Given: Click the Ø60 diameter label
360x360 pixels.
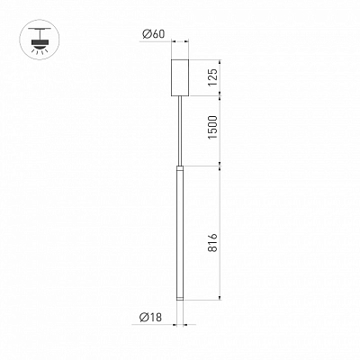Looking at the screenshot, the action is (154, 34).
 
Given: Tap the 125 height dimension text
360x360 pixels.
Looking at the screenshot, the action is (212, 77).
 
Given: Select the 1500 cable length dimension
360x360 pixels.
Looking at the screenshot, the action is (212, 127).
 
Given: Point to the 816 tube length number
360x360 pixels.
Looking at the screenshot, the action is (212, 243).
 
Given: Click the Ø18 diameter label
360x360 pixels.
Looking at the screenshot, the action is (150, 317).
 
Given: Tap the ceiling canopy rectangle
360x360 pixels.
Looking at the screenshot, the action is (180, 77).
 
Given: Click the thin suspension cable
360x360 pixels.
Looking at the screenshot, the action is (180, 130).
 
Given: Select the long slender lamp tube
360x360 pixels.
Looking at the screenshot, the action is (180, 232).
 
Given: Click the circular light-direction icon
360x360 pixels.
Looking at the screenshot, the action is (40, 40).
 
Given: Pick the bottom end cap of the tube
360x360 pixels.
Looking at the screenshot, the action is (180, 298).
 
